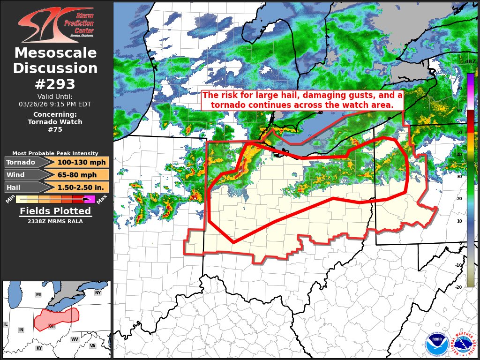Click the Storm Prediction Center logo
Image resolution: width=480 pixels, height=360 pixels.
[56, 24]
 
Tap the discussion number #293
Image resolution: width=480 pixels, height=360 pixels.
[55, 84]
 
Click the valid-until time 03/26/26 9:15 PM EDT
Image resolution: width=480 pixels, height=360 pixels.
[55, 104]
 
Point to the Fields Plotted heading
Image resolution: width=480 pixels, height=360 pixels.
[55, 211]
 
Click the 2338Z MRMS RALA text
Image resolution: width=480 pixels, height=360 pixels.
[55, 221]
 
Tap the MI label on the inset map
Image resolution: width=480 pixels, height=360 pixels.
[38, 294]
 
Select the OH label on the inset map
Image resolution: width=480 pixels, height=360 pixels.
[52, 326]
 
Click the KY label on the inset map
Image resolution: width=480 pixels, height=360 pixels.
[39, 348]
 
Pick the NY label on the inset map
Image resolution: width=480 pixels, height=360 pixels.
[97, 293]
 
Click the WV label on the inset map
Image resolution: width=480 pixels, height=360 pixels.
[75, 339]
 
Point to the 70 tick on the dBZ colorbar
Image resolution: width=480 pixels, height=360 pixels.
[459, 88]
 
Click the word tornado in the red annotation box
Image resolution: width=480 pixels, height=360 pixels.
[230, 105]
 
